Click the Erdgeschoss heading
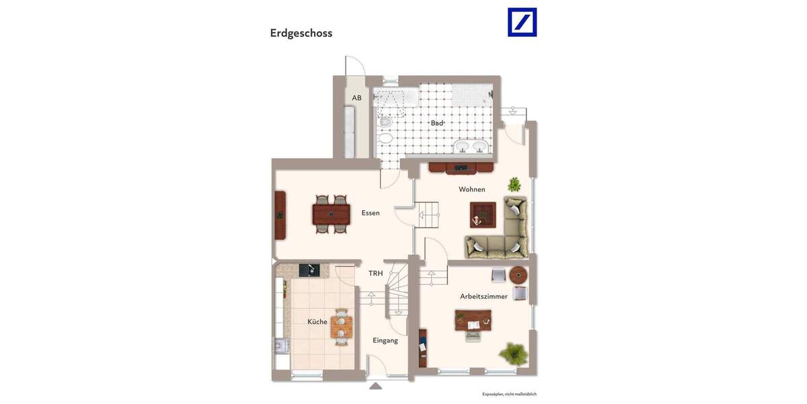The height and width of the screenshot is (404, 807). tap(301, 33)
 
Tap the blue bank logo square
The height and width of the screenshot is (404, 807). tap(522, 22)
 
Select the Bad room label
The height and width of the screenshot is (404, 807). tap(437, 123)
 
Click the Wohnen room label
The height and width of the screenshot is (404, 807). tap(472, 189)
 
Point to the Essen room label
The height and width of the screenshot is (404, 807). tap(371, 213)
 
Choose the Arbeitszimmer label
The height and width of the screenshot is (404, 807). tap(484, 296)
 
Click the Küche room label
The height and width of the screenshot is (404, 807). tap(317, 322)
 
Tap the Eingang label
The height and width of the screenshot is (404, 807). tap(385, 340)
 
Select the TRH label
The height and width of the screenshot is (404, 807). tap(375, 273)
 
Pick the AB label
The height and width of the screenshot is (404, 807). tap(356, 98)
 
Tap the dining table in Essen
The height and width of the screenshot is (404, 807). tap(331, 214)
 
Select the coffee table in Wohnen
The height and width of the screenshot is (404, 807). tap(483, 215)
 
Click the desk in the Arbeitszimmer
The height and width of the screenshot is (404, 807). tap(473, 321)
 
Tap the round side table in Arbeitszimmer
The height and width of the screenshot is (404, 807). tap(518, 275)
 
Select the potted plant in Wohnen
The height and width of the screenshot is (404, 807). tap(514, 184)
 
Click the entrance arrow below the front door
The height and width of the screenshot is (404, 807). tap(375, 386)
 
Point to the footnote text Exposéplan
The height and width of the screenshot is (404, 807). tap(509, 394)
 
